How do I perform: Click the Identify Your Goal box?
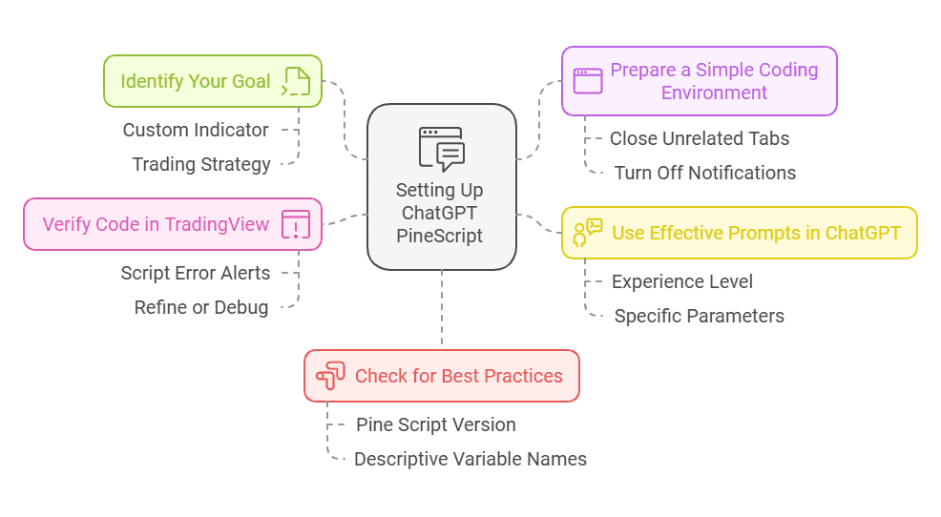(212, 81)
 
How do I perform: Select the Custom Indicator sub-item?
(196, 130)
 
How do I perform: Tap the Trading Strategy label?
(201, 164)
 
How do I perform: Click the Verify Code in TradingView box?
(172, 225)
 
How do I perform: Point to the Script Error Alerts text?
(195, 273)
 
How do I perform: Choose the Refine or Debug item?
(200, 307)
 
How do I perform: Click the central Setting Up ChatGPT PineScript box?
(441, 186)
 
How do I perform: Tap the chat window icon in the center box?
(441, 149)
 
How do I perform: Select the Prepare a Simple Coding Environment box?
(699, 81)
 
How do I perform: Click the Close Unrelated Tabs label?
(700, 138)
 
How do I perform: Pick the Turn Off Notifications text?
(704, 173)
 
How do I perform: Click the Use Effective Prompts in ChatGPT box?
(739, 233)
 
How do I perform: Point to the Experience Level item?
(681, 281)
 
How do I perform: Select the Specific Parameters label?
(699, 316)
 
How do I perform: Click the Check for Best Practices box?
(441, 376)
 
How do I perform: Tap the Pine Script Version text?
(435, 424)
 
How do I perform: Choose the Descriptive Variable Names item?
(470, 459)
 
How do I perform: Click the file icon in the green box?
(296, 81)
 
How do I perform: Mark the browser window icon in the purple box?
(587, 81)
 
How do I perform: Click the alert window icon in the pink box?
(296, 225)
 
